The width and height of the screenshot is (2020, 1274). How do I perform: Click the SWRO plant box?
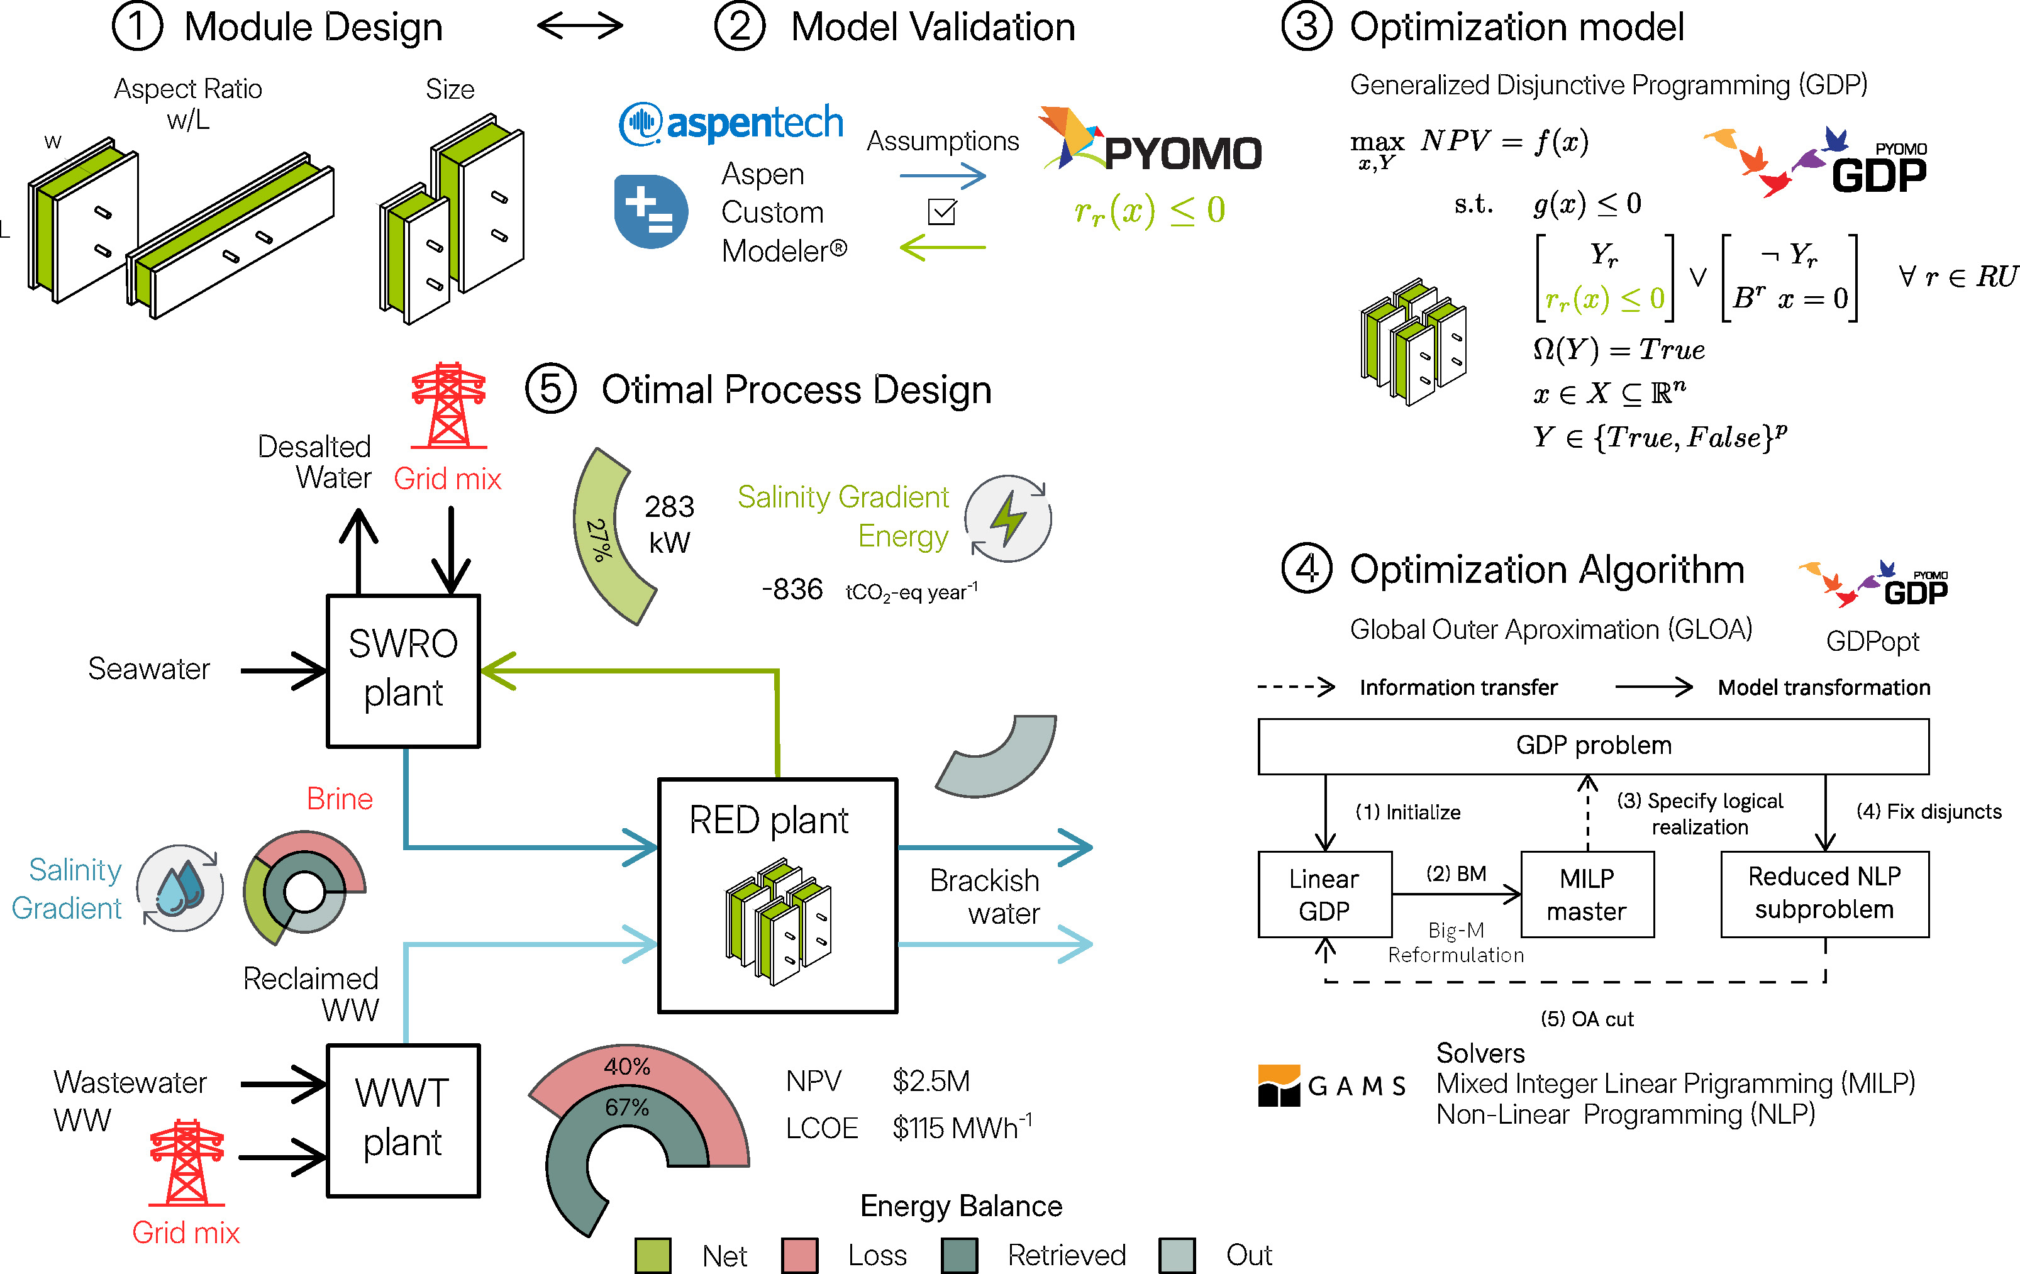402,670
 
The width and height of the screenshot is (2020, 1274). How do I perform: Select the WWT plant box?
402,1120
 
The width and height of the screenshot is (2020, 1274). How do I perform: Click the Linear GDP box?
1324,894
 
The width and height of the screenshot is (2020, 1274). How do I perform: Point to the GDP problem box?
1593,746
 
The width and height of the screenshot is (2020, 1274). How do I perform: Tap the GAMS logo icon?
1279,1085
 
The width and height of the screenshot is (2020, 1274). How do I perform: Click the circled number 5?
550,389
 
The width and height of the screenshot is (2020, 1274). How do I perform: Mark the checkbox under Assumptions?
942,211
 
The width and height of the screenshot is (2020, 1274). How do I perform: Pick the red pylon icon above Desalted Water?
449,406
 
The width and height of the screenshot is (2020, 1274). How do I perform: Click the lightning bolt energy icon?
1007,518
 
